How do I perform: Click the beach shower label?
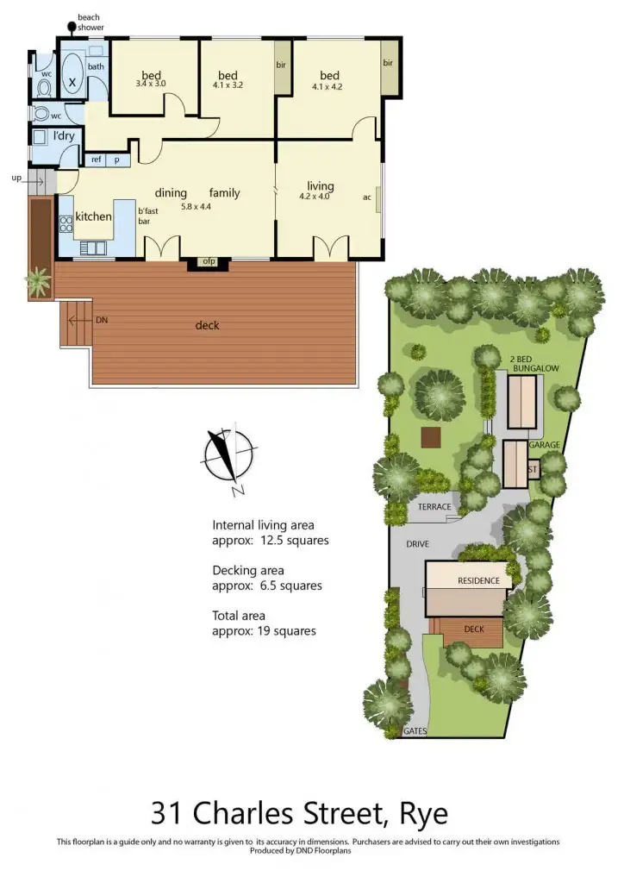coord(90,22)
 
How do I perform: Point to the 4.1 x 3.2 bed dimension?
coord(228,85)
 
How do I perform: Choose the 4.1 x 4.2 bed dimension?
coord(328,85)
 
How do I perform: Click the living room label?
coord(321,186)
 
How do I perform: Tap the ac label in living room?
coord(366,197)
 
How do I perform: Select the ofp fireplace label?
coord(208,261)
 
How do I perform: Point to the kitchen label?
coord(93,216)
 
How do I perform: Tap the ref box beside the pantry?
coord(97,160)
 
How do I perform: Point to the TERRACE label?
coord(434,507)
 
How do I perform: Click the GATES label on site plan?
coord(415,731)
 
